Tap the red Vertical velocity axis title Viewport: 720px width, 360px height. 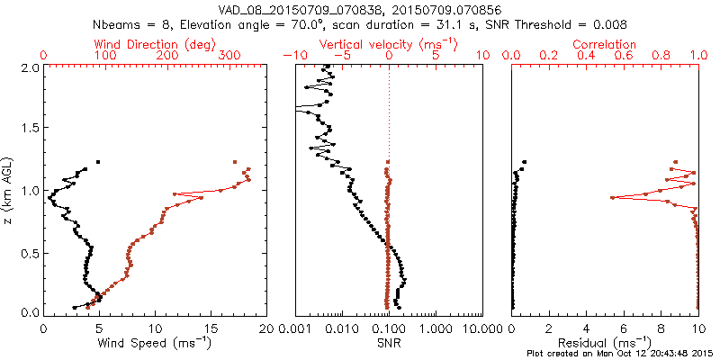click(x=388, y=44)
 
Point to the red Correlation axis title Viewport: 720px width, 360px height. click(x=605, y=44)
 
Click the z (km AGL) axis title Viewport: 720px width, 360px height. click(x=12, y=189)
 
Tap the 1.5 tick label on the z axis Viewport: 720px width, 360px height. click(x=31, y=129)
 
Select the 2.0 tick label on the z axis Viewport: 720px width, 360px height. click(x=31, y=67)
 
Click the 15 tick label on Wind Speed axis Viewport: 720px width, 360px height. click(x=211, y=328)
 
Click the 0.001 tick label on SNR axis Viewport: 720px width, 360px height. click(x=296, y=328)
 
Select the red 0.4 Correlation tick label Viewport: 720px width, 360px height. click(x=586, y=56)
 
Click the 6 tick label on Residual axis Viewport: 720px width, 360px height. click(x=624, y=328)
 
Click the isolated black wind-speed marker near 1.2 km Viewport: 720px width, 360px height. click(x=98, y=162)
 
